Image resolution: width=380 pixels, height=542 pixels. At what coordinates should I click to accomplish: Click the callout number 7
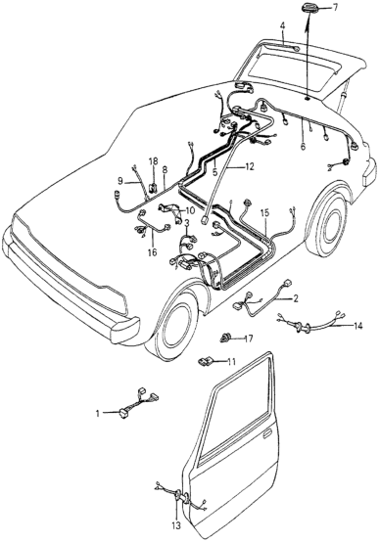[336, 7]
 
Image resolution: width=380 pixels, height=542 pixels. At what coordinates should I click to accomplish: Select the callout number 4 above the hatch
[282, 25]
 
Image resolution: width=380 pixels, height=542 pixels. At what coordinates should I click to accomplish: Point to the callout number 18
[154, 161]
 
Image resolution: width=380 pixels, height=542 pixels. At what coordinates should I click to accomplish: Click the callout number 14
[357, 325]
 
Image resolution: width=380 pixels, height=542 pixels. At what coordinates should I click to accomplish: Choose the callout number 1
[98, 413]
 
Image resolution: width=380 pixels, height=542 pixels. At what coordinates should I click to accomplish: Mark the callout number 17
[248, 339]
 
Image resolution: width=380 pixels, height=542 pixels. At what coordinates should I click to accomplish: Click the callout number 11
[231, 362]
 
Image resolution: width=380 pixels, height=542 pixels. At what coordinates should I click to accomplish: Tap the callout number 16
[152, 252]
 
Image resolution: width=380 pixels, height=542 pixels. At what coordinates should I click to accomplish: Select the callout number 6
[304, 147]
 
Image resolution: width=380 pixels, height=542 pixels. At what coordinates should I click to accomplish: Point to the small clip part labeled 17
[225, 338]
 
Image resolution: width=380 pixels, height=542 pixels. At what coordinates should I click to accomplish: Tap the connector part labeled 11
[205, 362]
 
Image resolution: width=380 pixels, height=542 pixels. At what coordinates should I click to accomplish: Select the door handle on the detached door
[269, 433]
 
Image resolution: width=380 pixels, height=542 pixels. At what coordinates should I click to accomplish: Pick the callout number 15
[264, 213]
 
